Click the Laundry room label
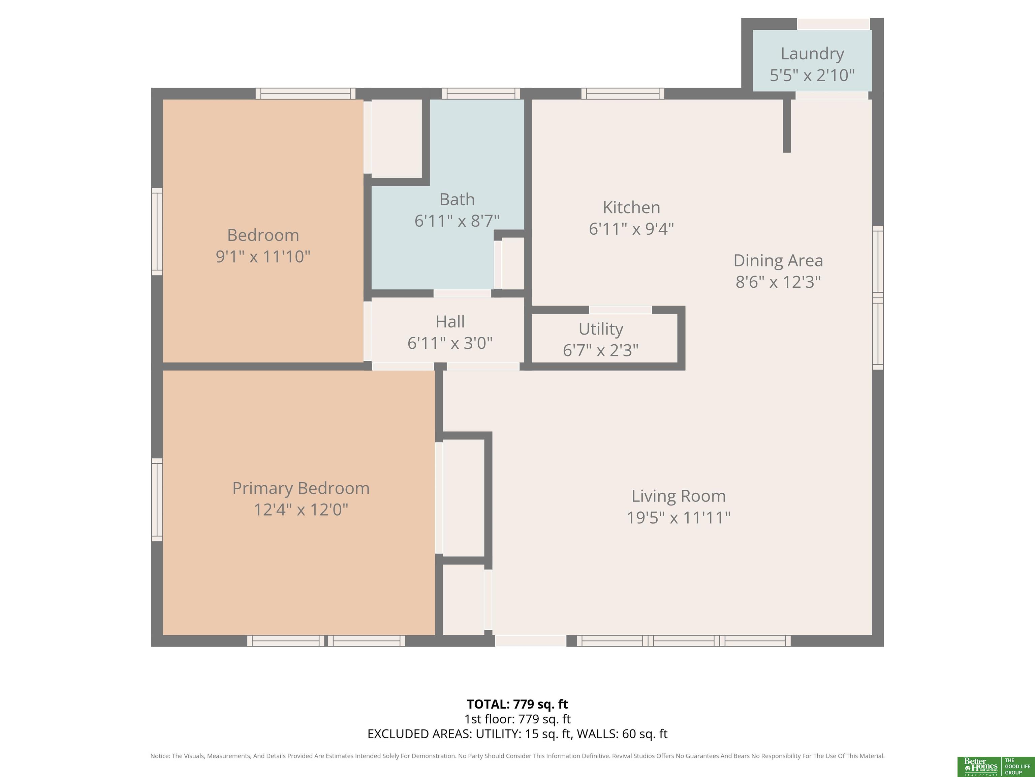812,53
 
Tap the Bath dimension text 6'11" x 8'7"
457,221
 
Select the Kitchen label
631,207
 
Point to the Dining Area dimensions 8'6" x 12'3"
778,282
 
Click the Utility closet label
601,329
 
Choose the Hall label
450,322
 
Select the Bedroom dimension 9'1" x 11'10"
263,257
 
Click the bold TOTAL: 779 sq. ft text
517,704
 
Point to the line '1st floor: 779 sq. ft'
517,719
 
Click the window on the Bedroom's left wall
157,232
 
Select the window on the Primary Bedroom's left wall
157,500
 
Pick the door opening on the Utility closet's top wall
621,310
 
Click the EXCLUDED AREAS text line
517,734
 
